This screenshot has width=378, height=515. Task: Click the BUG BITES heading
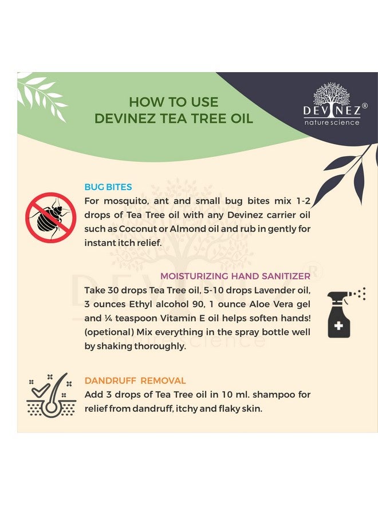coord(108,187)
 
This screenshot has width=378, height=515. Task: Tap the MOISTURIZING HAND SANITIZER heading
coord(235,276)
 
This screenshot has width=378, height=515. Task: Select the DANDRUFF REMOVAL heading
coord(135,381)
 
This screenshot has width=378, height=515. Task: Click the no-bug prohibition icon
coord(50,217)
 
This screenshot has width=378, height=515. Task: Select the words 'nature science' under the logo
coord(332,122)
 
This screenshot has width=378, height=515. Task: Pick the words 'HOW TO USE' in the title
coord(174,102)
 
